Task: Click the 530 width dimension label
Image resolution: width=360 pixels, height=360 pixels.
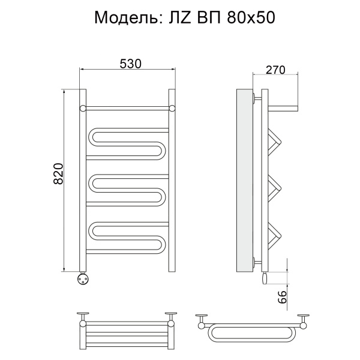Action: pyautogui.click(x=130, y=64)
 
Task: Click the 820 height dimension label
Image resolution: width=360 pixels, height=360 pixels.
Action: pyautogui.click(x=58, y=173)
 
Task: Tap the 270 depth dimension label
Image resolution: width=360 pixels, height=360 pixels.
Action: pyautogui.click(x=275, y=70)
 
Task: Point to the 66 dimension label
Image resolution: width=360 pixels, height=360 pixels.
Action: pyautogui.click(x=282, y=297)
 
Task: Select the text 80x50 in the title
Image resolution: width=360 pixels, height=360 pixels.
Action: pyautogui.click(x=251, y=17)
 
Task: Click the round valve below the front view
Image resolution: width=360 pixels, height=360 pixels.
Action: pyautogui.click(x=82, y=278)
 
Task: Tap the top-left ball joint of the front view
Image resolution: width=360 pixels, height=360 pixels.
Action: pyautogui.click(x=83, y=108)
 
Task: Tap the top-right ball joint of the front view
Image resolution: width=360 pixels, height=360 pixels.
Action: pyautogui.click(x=172, y=108)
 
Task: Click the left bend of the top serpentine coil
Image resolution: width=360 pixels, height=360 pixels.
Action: pyautogui.click(x=91, y=137)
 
